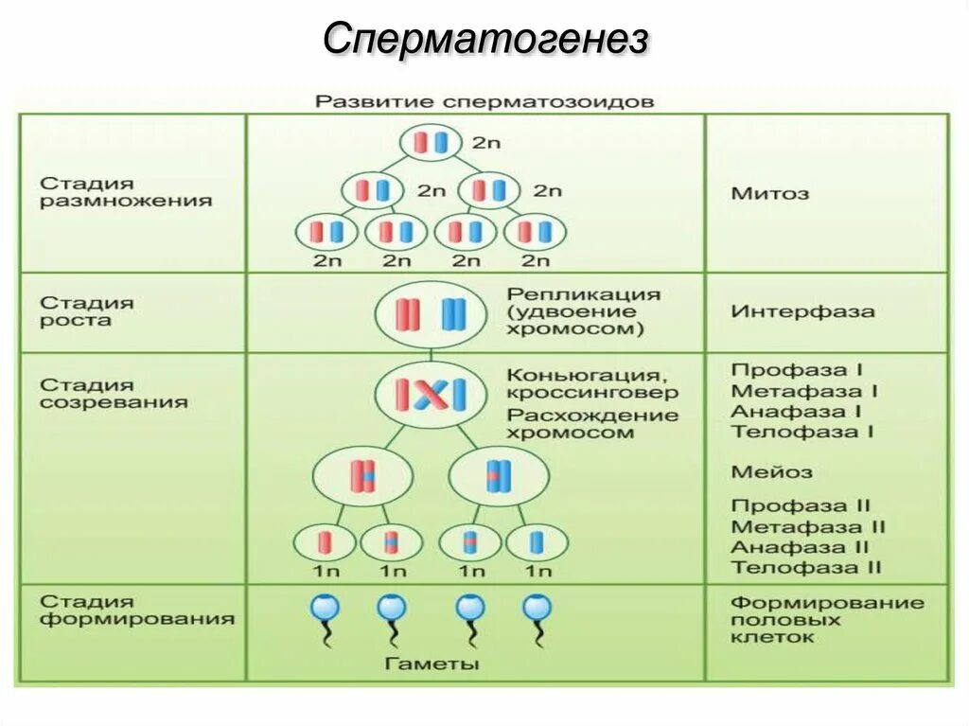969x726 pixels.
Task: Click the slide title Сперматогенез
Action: (484, 40)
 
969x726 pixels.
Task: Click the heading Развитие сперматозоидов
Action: (484, 100)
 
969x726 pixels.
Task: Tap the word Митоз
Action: (769, 193)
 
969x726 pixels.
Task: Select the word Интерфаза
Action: (802, 310)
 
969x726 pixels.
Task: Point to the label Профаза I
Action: (797, 370)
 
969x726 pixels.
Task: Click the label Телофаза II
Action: (806, 567)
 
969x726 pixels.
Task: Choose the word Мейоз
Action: (771, 470)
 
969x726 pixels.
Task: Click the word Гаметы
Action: (432, 664)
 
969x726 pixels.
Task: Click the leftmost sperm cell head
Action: (325, 607)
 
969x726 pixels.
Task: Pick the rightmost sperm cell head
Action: (537, 607)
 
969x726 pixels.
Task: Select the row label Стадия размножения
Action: (126, 192)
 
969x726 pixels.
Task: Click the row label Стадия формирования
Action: (137, 611)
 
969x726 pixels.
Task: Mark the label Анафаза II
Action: (800, 547)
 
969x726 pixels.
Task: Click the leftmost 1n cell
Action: (325, 542)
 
